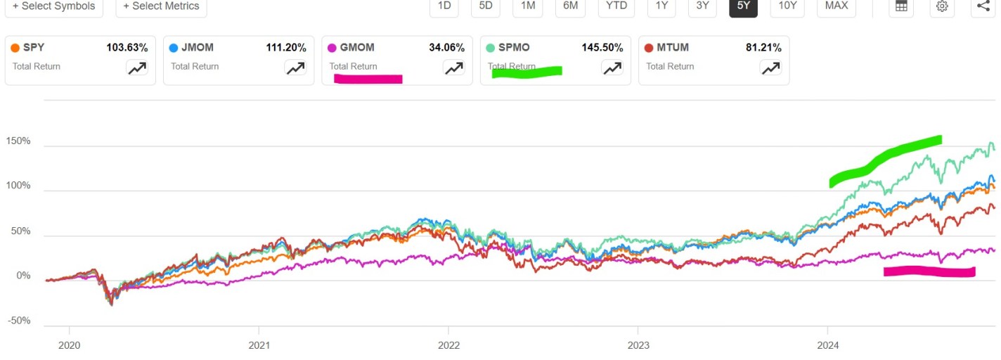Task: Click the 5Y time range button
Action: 743,6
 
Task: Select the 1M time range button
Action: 528,6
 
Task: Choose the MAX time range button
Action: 836,6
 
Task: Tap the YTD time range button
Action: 617,6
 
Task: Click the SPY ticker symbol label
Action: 34,48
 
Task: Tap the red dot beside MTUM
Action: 650,48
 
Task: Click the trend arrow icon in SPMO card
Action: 612,67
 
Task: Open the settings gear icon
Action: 942,6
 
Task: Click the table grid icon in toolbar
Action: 900,6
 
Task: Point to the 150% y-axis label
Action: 19,141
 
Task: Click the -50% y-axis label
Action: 19,321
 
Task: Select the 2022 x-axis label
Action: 448,345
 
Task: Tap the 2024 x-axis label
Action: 828,345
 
